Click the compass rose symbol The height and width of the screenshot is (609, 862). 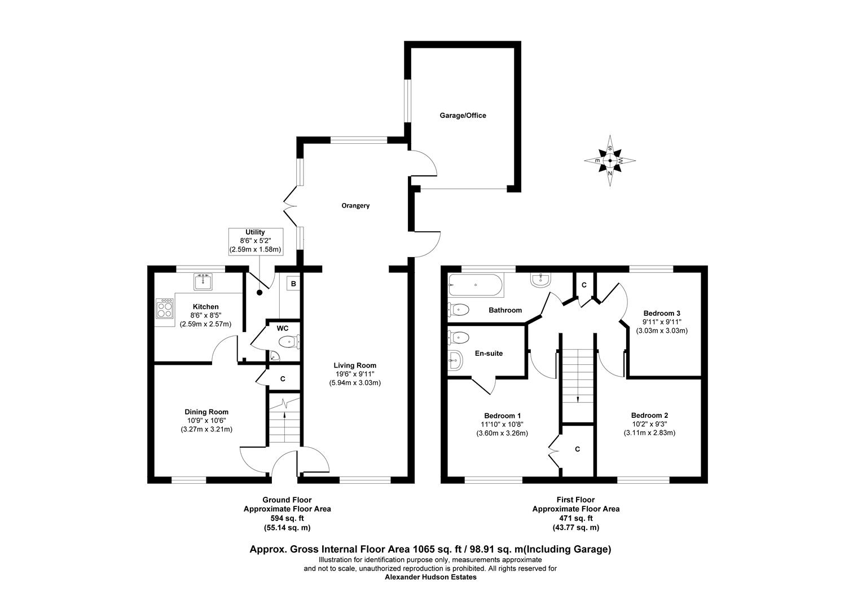610,161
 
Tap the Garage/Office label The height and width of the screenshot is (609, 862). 463,116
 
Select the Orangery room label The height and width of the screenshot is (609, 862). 355,206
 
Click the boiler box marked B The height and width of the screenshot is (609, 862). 293,284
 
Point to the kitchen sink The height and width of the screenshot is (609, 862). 203,281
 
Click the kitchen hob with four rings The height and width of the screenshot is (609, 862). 165,308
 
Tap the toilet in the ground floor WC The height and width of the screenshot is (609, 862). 289,341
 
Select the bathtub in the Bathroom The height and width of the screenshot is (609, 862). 475,285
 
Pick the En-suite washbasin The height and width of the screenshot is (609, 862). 455,360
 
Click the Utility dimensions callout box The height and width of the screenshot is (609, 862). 255,241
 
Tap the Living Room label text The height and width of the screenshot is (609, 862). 355,365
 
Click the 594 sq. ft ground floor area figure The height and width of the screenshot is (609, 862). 287,518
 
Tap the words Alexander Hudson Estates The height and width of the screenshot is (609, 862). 430,577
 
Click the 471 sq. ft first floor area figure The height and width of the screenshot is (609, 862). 576,518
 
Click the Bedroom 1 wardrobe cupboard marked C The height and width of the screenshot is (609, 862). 577,449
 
